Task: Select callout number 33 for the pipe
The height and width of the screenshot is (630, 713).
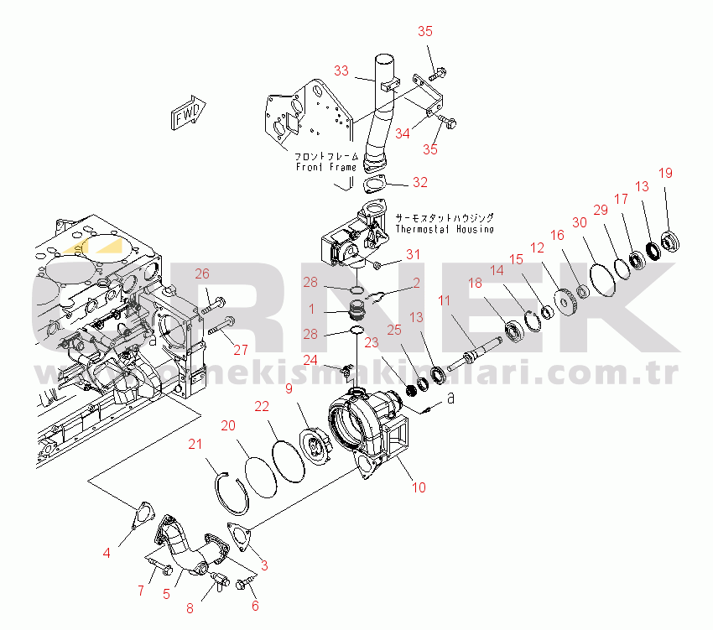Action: click(x=341, y=71)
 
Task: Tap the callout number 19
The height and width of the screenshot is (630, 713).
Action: click(x=665, y=174)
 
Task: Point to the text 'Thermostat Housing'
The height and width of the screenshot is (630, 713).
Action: click(x=444, y=229)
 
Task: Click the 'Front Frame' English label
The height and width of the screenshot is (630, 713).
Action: click(x=326, y=167)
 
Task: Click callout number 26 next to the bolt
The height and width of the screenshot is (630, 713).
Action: click(x=202, y=273)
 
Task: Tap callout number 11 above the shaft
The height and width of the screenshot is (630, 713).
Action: click(x=444, y=300)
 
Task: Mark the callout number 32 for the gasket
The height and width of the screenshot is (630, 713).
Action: click(x=419, y=182)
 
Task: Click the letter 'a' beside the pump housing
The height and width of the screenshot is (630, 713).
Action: click(x=450, y=399)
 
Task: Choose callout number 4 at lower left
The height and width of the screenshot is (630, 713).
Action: click(x=107, y=552)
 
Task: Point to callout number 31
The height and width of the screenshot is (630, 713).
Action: click(x=413, y=254)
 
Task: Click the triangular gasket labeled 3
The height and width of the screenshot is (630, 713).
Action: click(x=239, y=538)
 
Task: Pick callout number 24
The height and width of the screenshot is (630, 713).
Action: click(x=310, y=360)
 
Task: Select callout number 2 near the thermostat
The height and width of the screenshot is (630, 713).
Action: click(x=415, y=284)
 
